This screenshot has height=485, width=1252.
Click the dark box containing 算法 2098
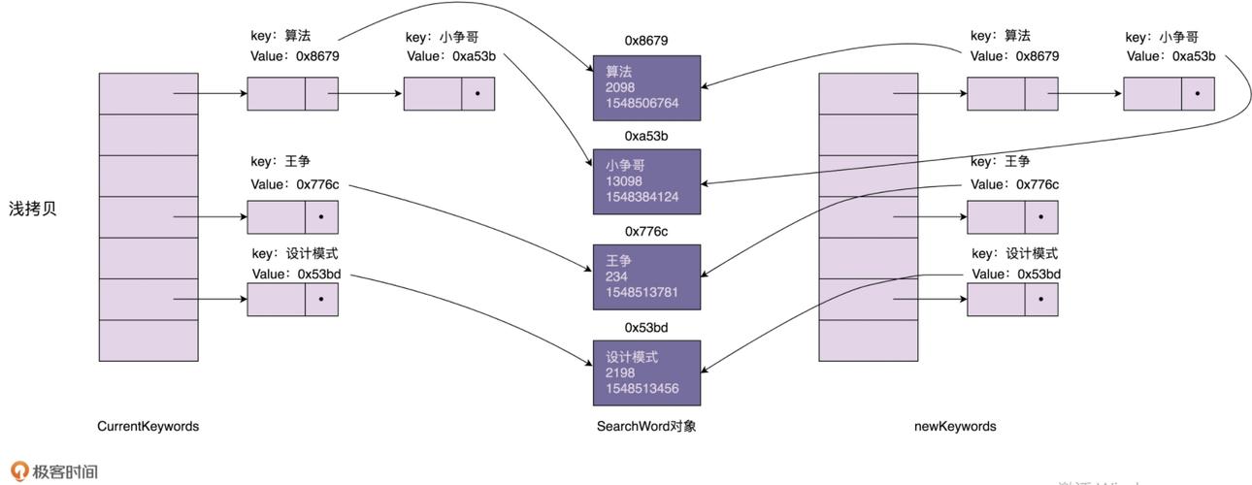[x=645, y=87]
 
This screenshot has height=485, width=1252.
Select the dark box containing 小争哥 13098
[x=645, y=181]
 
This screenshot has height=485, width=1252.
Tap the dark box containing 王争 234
[x=645, y=276]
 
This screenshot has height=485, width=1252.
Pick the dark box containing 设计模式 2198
[x=645, y=372]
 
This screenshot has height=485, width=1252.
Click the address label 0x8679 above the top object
[x=645, y=41]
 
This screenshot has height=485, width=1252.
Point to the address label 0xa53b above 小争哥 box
[x=645, y=136]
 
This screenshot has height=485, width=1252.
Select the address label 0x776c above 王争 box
[x=645, y=231]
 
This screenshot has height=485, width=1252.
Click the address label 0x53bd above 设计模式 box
[x=645, y=327]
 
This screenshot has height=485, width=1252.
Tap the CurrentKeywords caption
[x=148, y=426]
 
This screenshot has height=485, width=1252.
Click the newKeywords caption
[x=955, y=426]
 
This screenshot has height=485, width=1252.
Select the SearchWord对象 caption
[x=646, y=426]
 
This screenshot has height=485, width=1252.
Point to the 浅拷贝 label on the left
[x=33, y=209]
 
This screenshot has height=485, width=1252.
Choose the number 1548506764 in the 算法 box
[x=642, y=103]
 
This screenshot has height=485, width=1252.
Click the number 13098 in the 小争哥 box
[x=625, y=181]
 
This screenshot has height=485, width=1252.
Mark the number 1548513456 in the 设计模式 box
[x=642, y=389]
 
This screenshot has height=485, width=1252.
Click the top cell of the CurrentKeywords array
[x=148, y=93]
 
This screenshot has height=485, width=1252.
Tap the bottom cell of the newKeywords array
[x=869, y=340]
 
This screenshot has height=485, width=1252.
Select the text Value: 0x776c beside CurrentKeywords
[x=295, y=184]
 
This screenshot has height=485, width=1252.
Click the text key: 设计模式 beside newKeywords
[x=1014, y=253]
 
